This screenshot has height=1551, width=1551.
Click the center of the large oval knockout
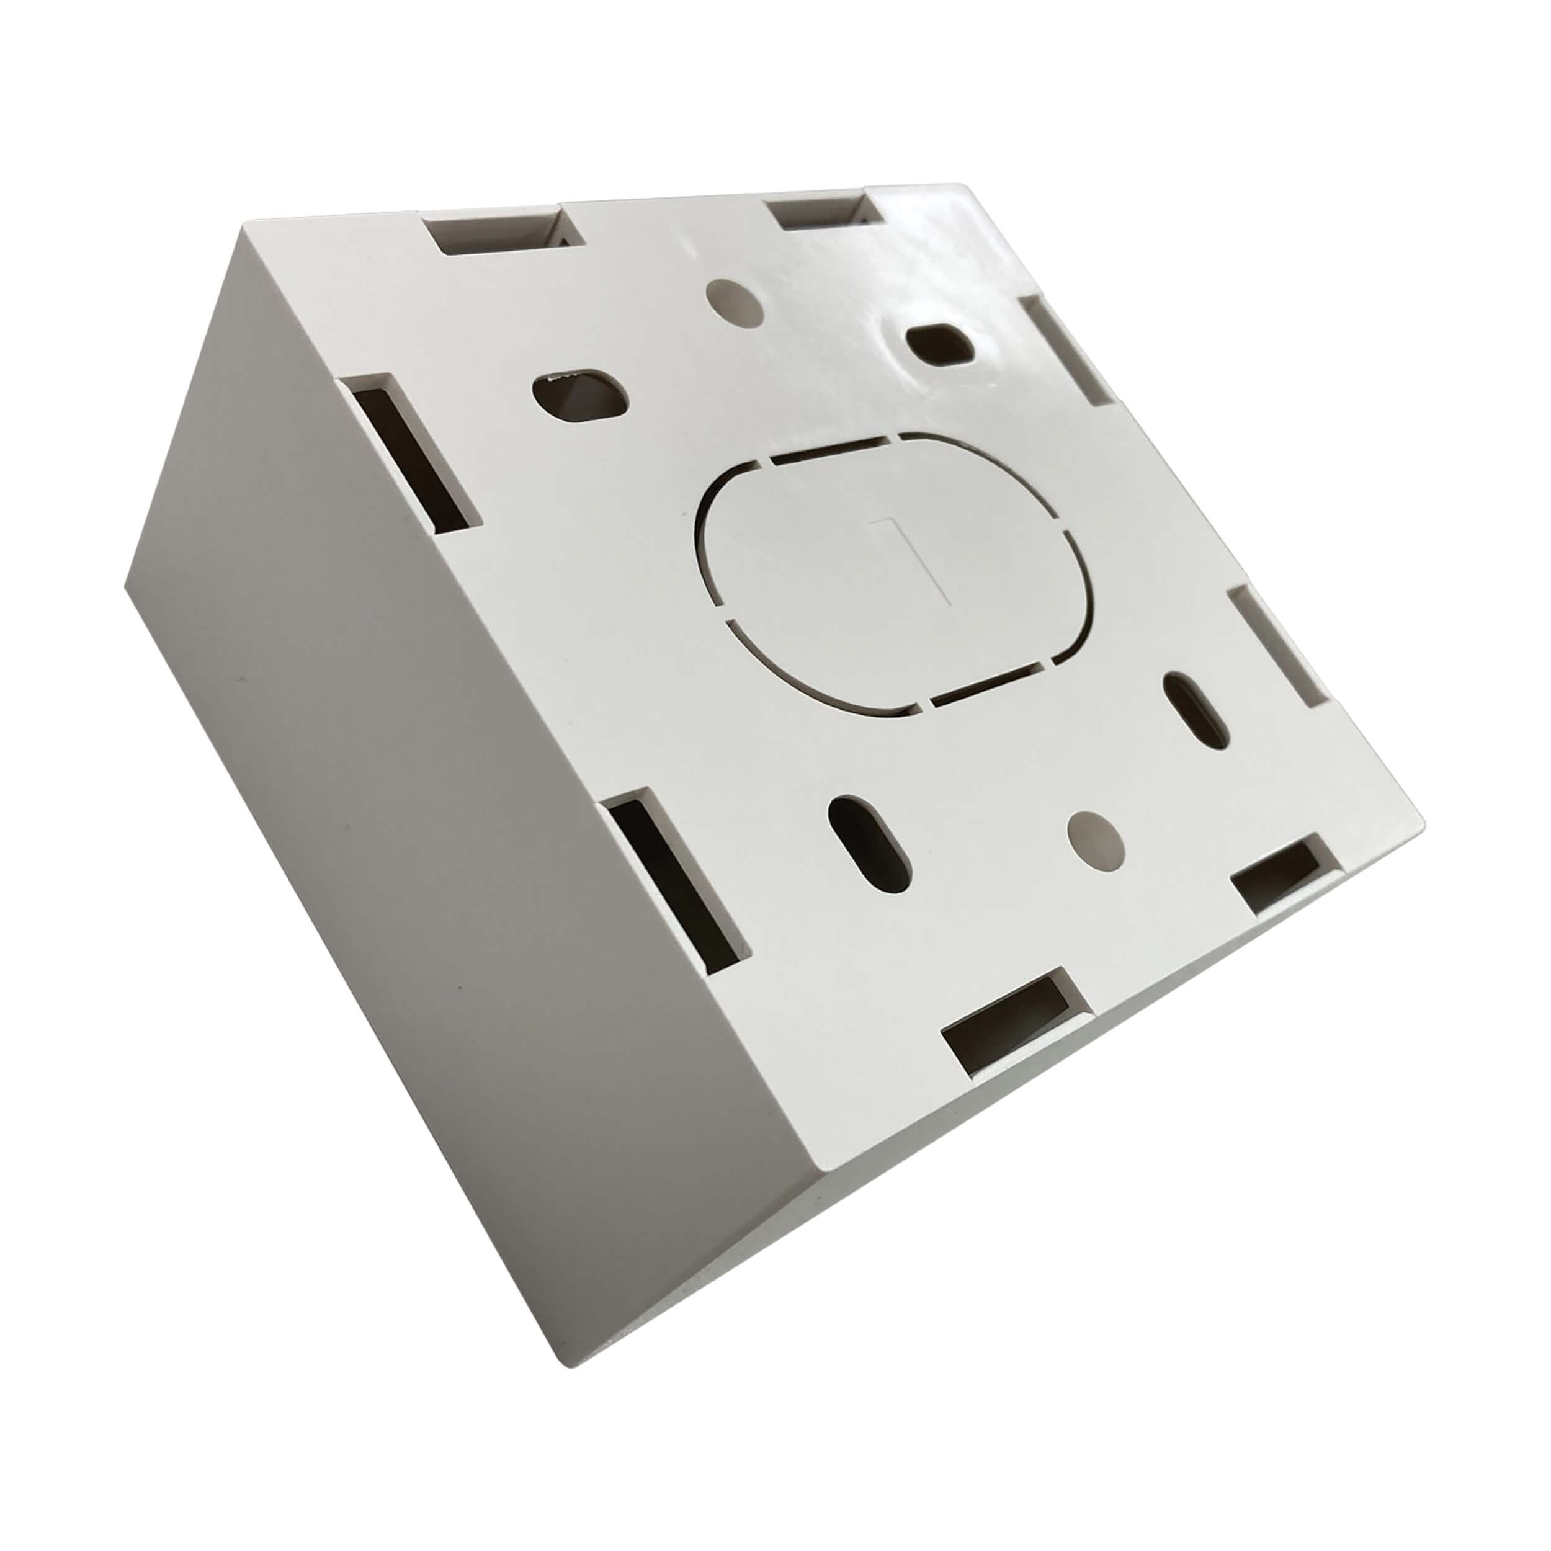(895, 574)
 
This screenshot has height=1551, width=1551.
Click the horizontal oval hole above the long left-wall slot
(581, 393)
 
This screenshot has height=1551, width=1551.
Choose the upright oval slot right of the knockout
(1194, 710)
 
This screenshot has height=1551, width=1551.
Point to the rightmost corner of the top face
(1423, 803)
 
